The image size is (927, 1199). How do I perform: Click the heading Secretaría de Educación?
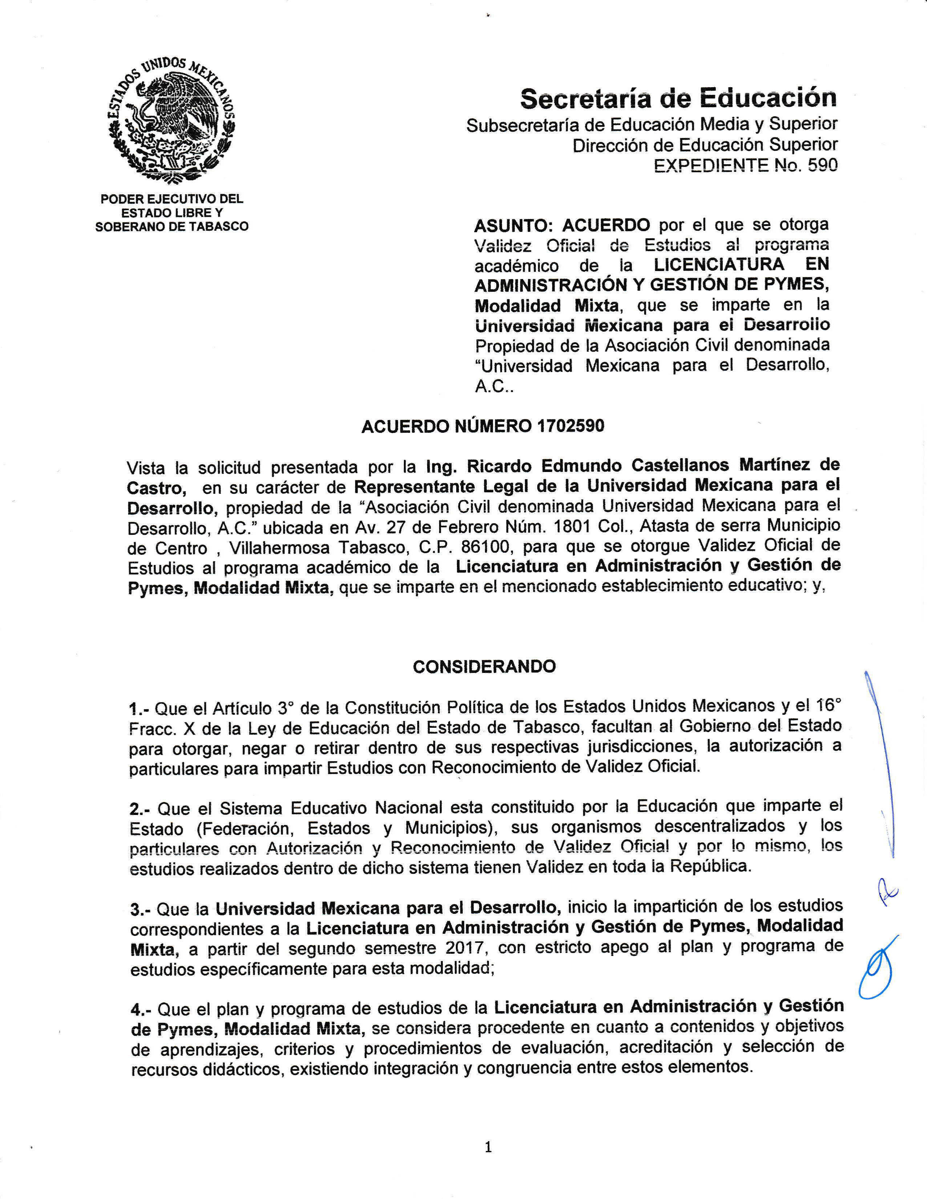point(679,99)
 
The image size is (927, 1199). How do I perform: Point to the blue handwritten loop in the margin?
point(877,969)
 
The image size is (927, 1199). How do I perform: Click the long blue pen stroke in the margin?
point(882,763)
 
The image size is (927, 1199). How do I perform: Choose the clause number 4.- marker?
point(141,1009)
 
